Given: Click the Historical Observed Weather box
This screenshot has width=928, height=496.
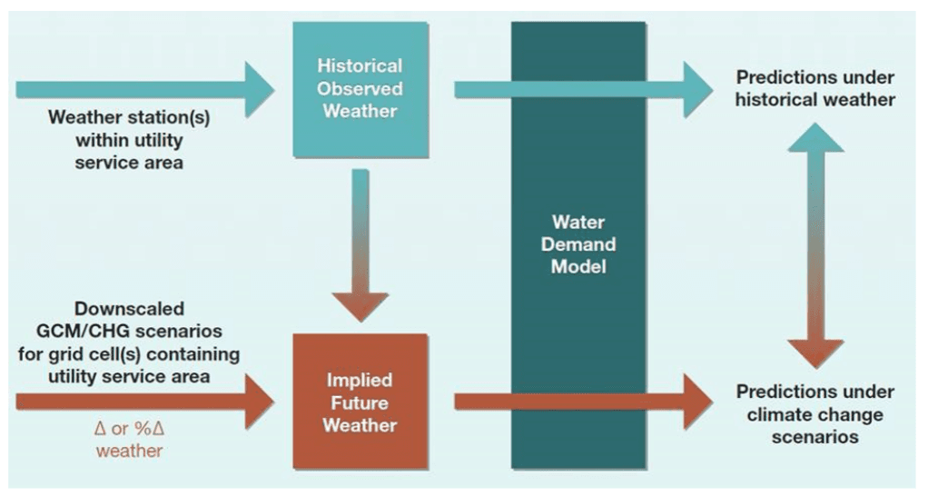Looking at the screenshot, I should pyautogui.click(x=360, y=89).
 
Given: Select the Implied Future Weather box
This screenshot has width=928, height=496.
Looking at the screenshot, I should pyautogui.click(x=360, y=400).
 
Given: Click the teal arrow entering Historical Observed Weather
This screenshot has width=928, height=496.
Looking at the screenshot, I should pyautogui.click(x=145, y=89).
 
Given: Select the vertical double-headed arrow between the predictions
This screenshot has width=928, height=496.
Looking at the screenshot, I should pyautogui.click(x=814, y=244).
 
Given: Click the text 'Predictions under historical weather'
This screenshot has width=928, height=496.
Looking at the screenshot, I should pyautogui.click(x=814, y=89).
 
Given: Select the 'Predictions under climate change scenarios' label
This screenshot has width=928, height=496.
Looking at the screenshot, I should pyautogui.click(x=814, y=414).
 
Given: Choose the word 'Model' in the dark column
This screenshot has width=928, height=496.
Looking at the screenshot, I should pyautogui.click(x=578, y=267).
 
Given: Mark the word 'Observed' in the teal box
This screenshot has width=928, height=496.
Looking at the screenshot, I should pyautogui.click(x=360, y=89).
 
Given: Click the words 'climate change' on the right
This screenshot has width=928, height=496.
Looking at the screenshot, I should pyautogui.click(x=814, y=414).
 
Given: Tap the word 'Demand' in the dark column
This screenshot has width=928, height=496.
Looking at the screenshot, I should pyautogui.click(x=578, y=244).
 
